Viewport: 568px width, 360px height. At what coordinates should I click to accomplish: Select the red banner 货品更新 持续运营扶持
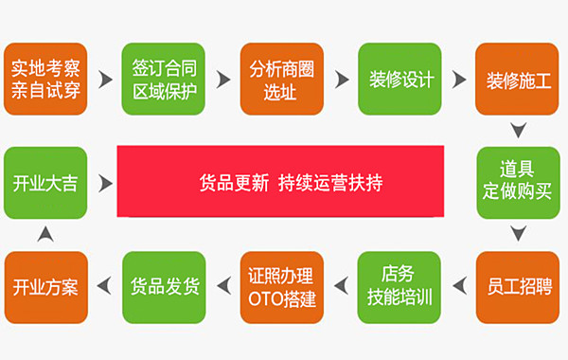pyautogui.click(x=280, y=181)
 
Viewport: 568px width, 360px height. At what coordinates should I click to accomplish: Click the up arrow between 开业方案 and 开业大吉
pyautogui.click(x=45, y=234)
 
